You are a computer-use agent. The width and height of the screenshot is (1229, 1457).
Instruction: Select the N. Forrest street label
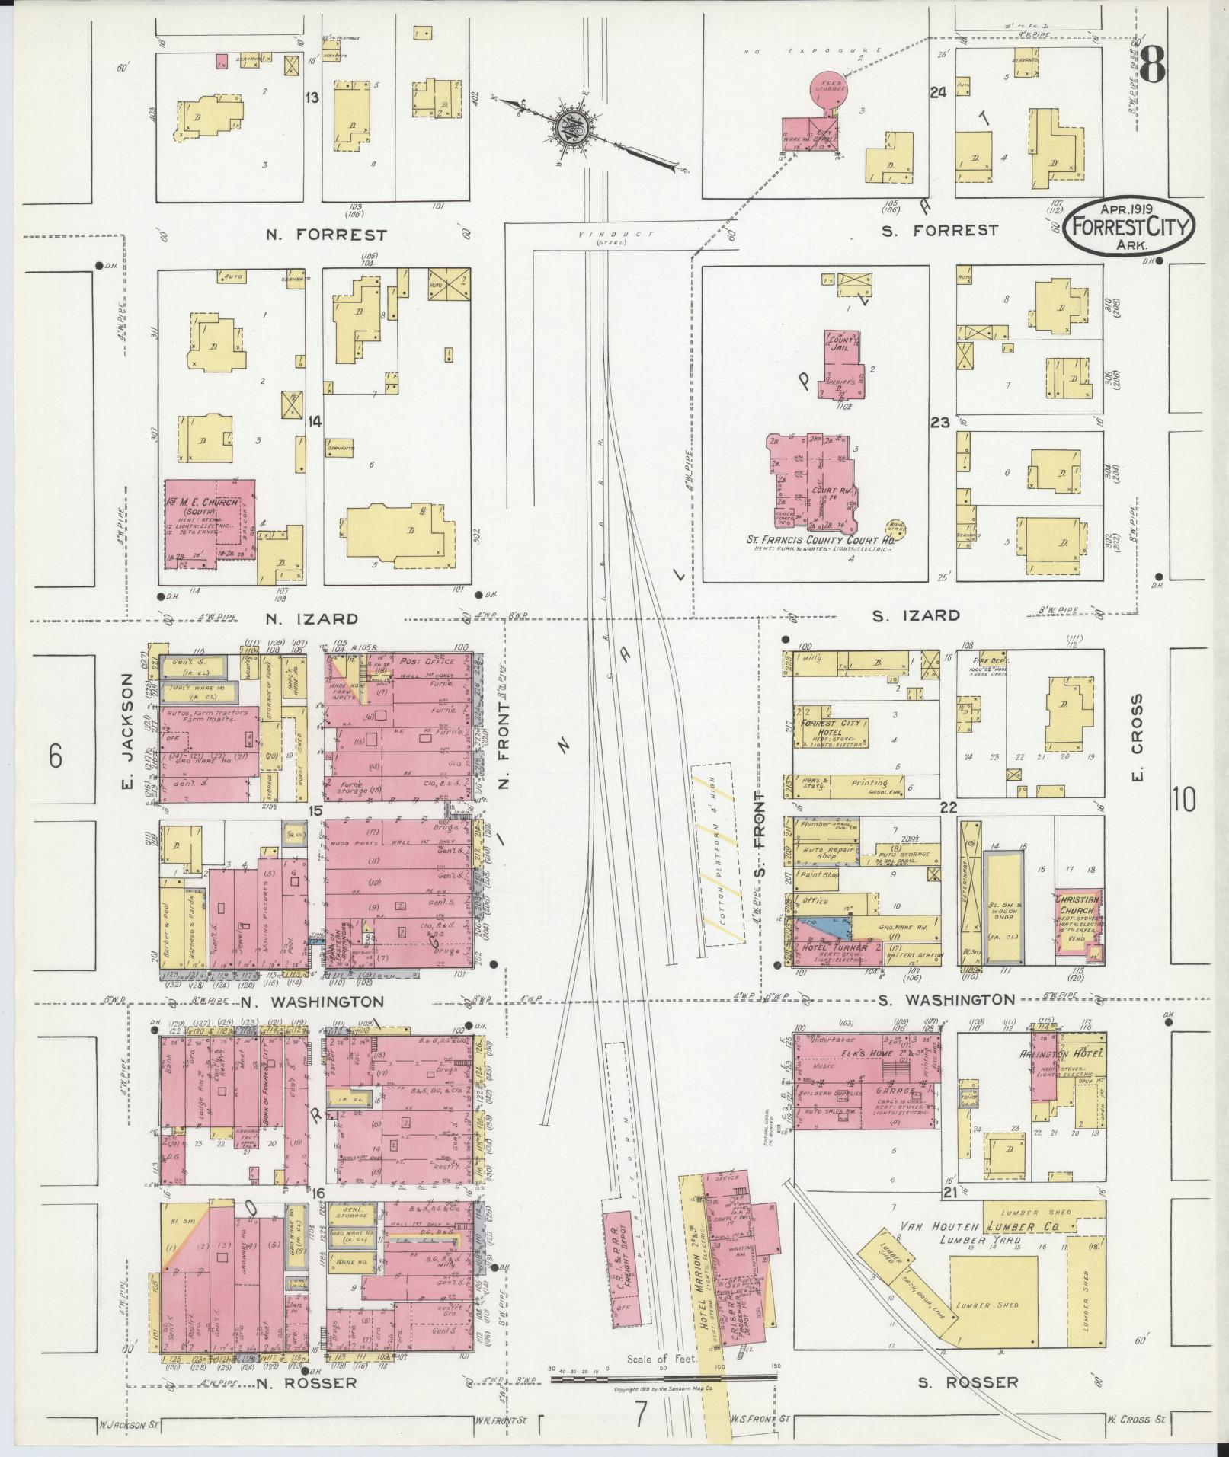click(x=326, y=235)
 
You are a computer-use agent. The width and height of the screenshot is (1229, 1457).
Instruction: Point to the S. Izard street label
click(x=916, y=615)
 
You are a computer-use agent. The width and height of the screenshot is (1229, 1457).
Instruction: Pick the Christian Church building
click(x=1077, y=925)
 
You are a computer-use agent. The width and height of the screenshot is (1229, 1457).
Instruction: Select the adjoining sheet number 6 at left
click(x=55, y=758)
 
